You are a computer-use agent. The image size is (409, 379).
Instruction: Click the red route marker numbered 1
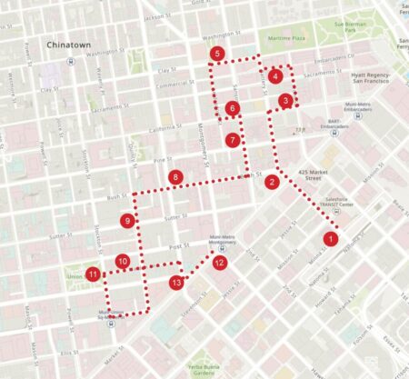[331, 239]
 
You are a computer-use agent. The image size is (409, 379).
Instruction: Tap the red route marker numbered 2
[272, 182]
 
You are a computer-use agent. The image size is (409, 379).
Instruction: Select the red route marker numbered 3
[285, 101]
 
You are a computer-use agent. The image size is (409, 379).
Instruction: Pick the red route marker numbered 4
[274, 76]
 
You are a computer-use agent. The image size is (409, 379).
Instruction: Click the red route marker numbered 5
[216, 55]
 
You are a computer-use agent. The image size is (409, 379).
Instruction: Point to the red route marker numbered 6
[233, 109]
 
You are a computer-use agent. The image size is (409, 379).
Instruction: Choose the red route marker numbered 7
[234, 141]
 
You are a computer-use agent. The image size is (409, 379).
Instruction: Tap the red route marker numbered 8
[175, 176]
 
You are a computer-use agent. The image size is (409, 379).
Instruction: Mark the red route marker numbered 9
[128, 221]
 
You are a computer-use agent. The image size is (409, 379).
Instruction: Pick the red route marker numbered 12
[220, 263]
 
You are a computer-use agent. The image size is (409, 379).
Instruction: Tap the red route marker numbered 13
[176, 284]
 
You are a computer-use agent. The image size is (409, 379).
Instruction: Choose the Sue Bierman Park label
[350, 28]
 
